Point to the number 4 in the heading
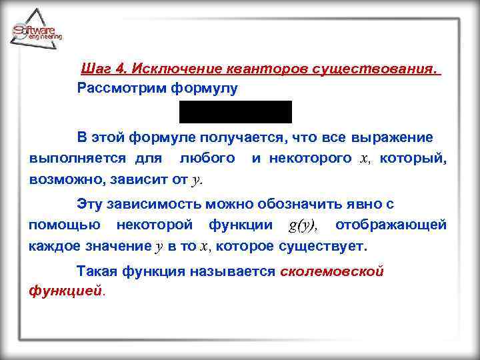tap(121, 69)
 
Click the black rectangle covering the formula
tap(235, 112)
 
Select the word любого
tap(207, 159)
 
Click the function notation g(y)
tap(303, 225)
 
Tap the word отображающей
tap(391, 225)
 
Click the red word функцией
tap(66, 291)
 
